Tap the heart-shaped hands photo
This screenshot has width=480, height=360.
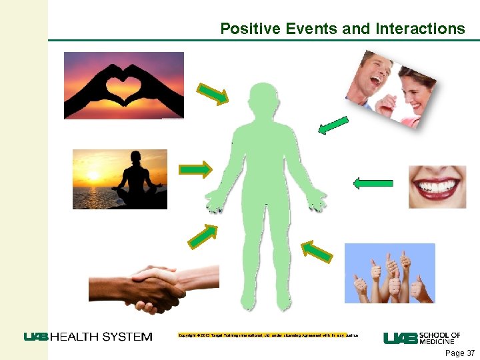(x=123, y=85)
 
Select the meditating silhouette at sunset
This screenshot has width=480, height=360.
(x=120, y=179)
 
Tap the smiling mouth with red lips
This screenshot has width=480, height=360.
(x=437, y=187)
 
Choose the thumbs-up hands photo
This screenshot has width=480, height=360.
(x=389, y=273)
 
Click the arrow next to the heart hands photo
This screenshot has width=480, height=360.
(x=213, y=94)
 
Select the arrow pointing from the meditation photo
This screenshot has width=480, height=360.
(x=196, y=170)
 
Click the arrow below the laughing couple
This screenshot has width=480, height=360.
(x=333, y=125)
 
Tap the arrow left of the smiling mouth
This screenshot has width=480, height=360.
(x=373, y=182)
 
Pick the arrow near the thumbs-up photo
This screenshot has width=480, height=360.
(x=317, y=251)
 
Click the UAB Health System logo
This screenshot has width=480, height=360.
(x=88, y=337)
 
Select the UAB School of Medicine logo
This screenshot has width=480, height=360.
(x=422, y=338)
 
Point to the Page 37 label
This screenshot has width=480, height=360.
(x=459, y=353)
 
